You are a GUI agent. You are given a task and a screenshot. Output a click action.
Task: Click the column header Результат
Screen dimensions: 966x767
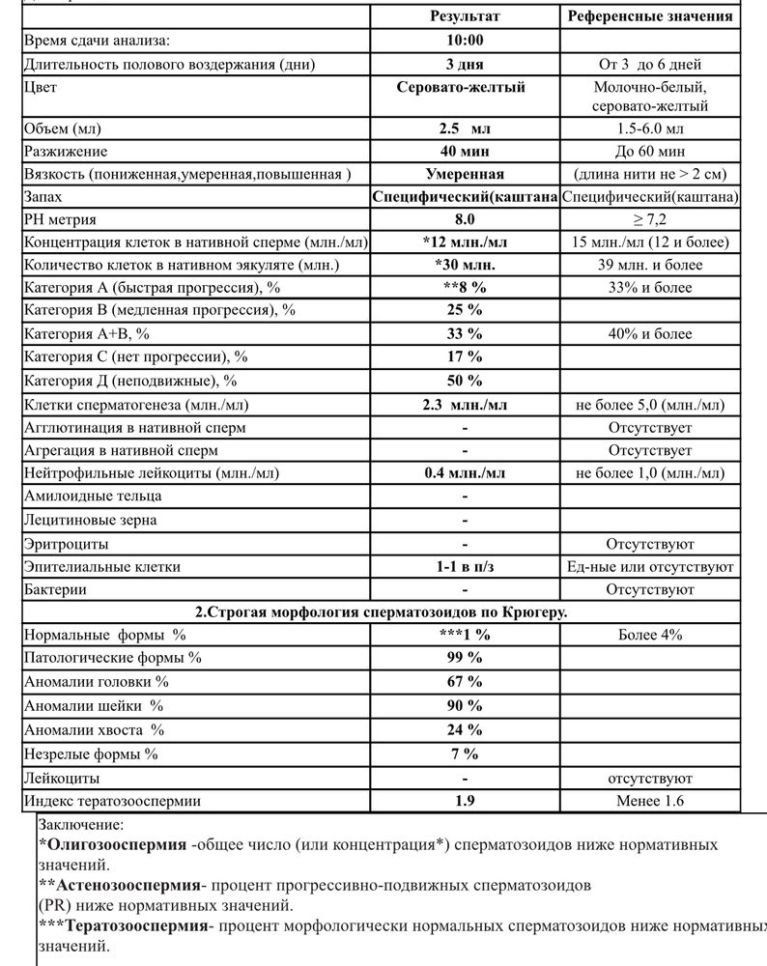coord(465,16)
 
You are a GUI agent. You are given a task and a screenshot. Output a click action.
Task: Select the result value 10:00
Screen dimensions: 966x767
coord(465,41)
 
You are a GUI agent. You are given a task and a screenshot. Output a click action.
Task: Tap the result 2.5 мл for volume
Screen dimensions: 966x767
coord(465,128)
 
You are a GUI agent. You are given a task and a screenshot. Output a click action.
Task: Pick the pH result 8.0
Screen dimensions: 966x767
coord(465,219)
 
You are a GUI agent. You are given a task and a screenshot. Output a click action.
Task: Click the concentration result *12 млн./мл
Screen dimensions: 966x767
coord(465,241)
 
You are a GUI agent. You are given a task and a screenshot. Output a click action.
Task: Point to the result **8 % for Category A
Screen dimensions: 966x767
coord(465,288)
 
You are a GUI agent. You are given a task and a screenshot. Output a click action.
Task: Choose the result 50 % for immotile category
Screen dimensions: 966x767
coord(465,381)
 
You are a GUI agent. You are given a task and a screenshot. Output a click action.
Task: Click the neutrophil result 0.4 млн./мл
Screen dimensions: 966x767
coord(465,473)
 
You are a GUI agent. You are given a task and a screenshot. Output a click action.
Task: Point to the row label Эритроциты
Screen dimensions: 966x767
coord(66,544)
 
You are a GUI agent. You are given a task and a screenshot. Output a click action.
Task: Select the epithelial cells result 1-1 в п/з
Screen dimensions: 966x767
coord(465,567)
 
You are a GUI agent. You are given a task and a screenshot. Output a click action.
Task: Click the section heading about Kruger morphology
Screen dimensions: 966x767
coord(382,612)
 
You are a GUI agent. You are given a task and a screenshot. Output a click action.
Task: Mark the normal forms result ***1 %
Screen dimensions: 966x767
coord(465,635)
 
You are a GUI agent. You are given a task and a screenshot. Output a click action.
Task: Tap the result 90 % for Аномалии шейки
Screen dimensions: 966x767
coord(465,707)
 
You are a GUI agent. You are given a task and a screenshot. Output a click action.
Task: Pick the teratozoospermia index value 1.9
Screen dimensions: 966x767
coord(465,801)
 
